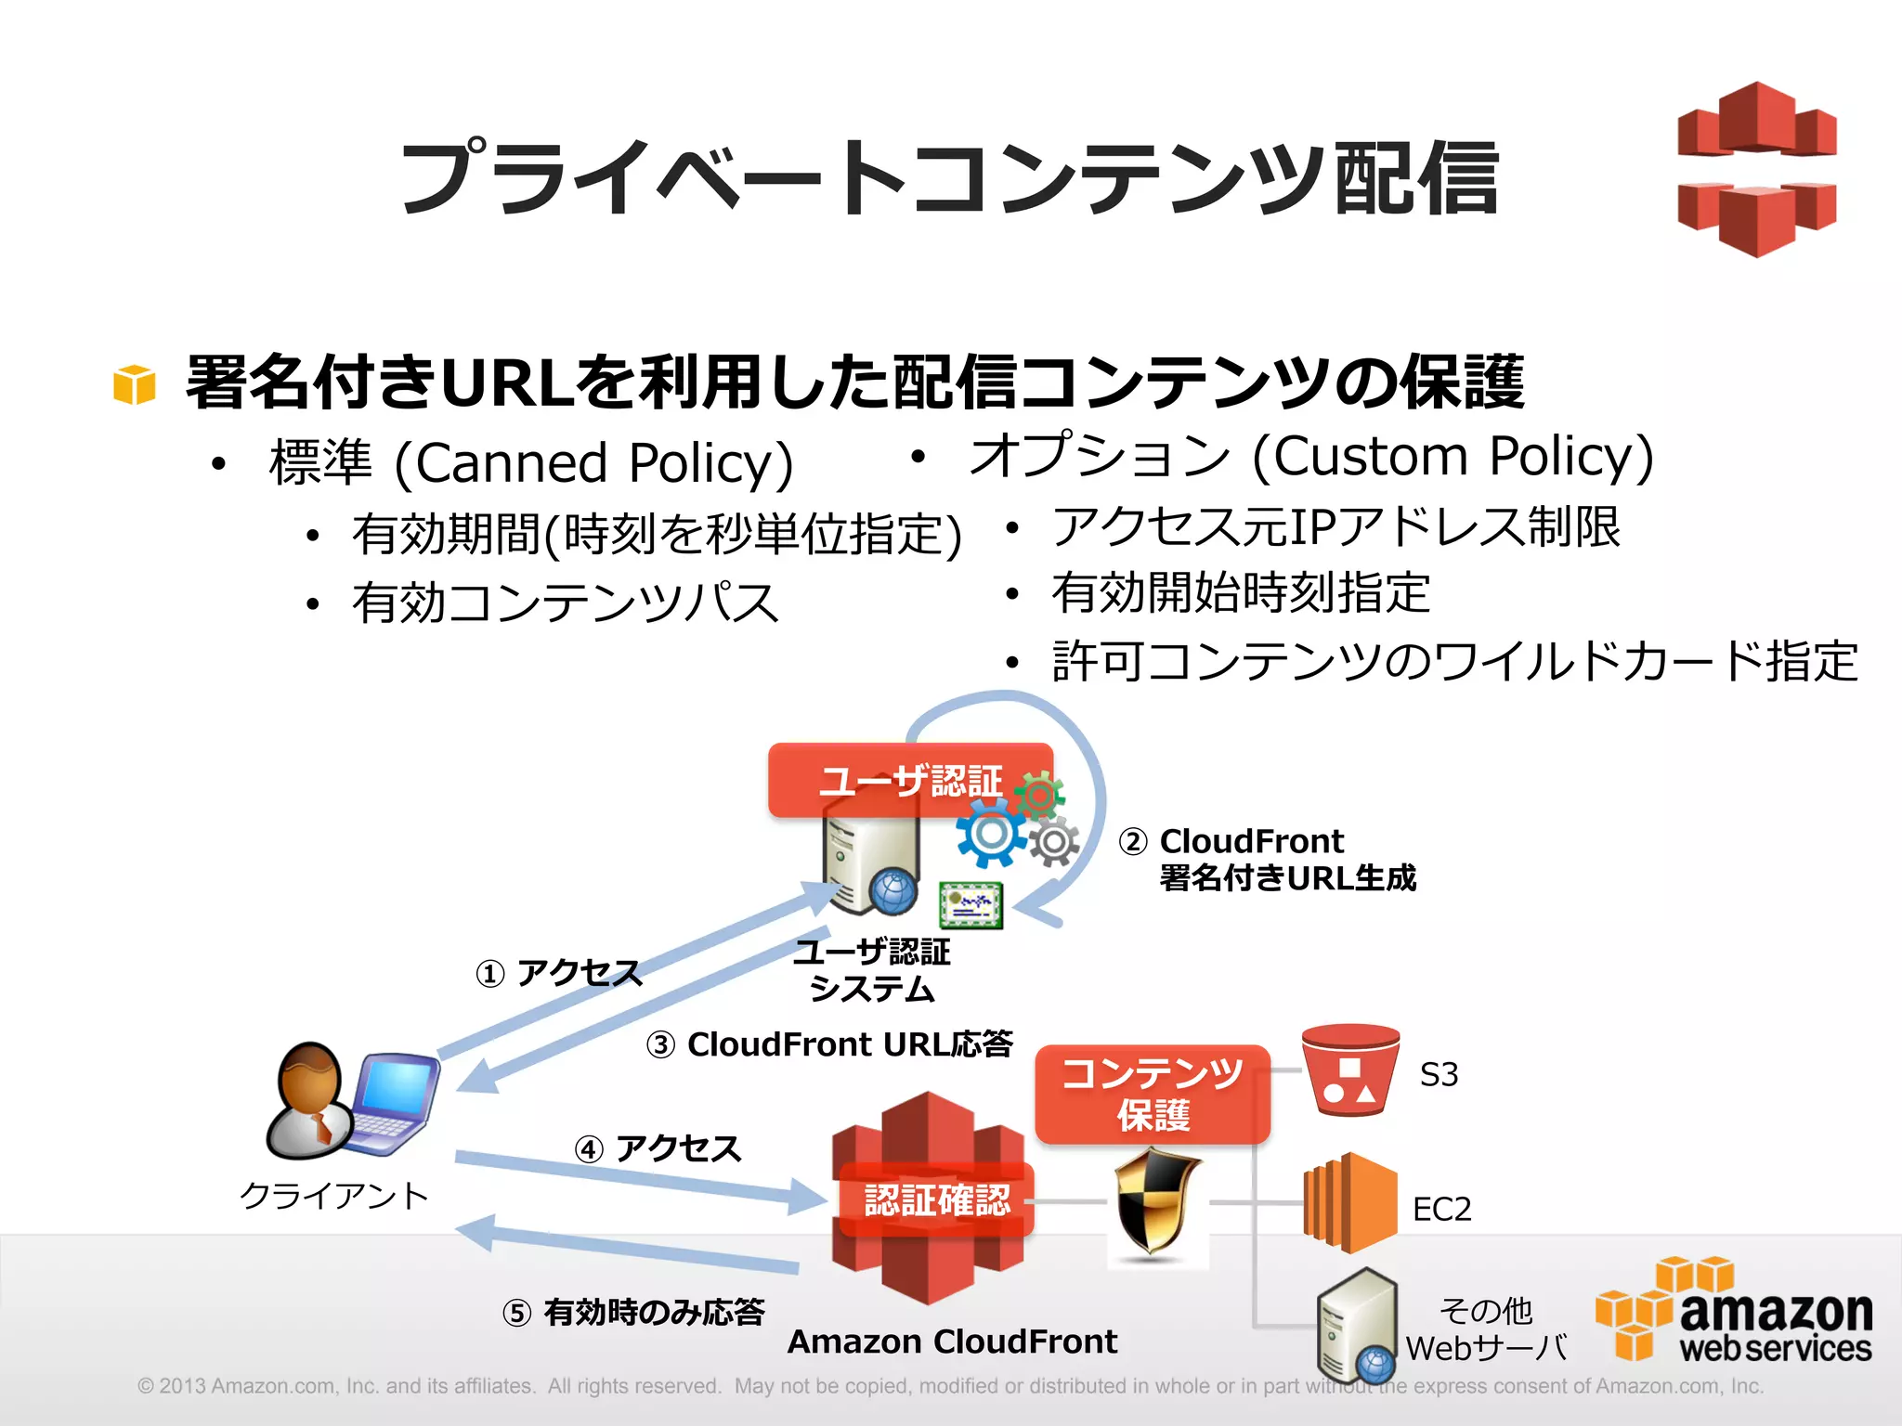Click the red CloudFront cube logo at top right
click(1756, 169)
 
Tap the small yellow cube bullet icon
click(134, 384)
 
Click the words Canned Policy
click(594, 462)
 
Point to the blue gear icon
click(990, 834)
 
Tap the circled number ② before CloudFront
click(1133, 841)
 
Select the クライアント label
click(334, 1195)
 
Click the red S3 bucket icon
click(1350, 1069)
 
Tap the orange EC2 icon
click(1350, 1202)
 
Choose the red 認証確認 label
click(936, 1199)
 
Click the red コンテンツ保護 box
click(1152, 1095)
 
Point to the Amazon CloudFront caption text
click(952, 1342)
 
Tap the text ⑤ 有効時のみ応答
click(633, 1312)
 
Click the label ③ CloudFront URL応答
click(829, 1044)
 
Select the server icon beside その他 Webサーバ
click(1358, 1325)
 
